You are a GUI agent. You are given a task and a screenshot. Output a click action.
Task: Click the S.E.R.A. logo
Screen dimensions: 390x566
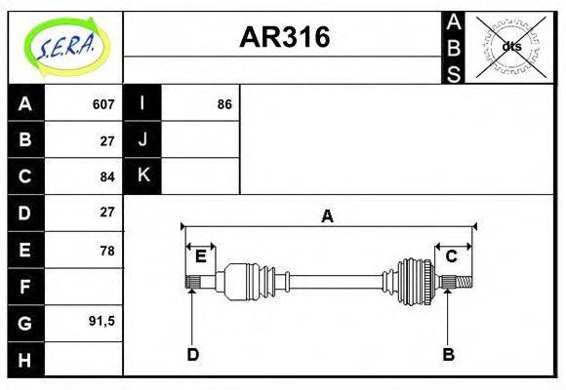click(x=65, y=45)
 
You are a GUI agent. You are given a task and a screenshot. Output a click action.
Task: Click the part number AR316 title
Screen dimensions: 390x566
click(x=285, y=38)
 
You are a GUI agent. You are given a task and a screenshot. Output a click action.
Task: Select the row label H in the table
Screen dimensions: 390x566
click(x=25, y=360)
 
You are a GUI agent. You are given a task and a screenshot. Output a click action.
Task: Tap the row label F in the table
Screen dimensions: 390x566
click(x=25, y=288)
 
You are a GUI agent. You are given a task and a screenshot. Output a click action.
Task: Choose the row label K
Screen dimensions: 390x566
click(x=142, y=176)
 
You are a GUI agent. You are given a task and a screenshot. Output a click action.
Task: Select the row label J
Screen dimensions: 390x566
click(x=142, y=140)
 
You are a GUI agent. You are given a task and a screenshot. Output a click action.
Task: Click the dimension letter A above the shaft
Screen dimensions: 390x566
click(x=328, y=217)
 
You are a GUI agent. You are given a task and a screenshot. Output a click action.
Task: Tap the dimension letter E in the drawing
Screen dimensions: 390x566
click(x=200, y=256)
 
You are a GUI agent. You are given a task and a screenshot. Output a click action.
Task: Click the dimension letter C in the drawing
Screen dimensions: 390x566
click(x=452, y=256)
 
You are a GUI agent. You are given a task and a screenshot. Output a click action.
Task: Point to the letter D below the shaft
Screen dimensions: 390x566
click(x=192, y=354)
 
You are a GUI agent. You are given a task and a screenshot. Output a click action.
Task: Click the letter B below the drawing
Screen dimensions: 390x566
click(x=448, y=354)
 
